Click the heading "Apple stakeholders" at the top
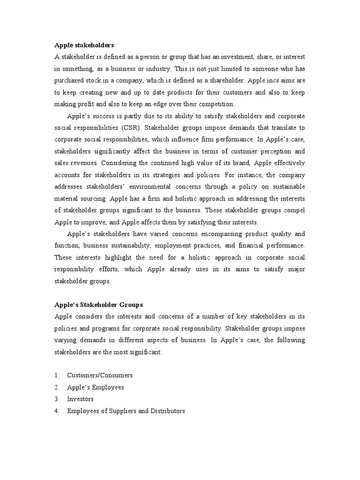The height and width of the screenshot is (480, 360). [x=84, y=45]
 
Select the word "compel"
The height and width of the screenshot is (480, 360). [x=293, y=210]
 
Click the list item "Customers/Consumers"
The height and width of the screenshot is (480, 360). [x=100, y=375]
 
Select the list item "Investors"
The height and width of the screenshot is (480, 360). [x=80, y=399]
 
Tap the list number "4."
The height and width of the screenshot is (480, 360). [x=57, y=411]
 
